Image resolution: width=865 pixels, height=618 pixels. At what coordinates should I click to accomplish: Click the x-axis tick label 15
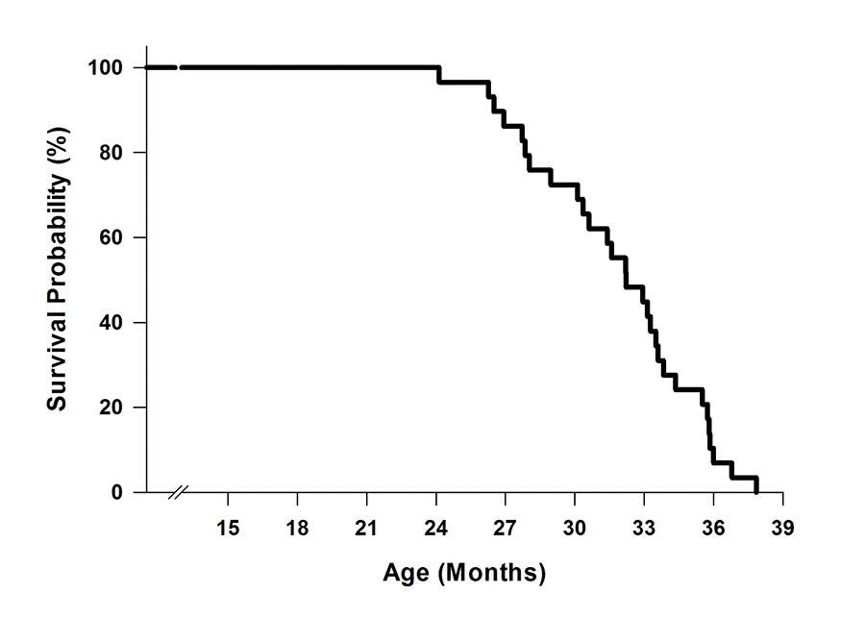coord(228,528)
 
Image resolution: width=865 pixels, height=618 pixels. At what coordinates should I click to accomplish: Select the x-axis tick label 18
coord(297,528)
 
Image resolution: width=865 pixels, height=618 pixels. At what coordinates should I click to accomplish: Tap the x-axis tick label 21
coord(366,528)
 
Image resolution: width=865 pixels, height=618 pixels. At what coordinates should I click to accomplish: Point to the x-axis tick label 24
coord(436,528)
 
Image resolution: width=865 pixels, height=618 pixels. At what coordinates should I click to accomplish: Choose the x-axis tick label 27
coord(506,528)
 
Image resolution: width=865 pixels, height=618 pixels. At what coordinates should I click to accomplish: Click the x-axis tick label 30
coord(575,528)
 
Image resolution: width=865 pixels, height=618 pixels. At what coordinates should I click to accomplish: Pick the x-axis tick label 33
coord(644,528)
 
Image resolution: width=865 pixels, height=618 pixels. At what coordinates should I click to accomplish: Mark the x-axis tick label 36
coord(713,528)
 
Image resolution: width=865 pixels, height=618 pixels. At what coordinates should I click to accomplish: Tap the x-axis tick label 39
coord(782,528)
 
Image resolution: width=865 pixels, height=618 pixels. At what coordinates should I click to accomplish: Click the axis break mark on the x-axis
coord(178,493)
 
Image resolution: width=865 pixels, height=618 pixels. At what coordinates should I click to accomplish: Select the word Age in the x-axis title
coord(407,574)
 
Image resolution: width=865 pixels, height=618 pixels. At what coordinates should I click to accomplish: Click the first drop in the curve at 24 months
coord(439,75)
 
